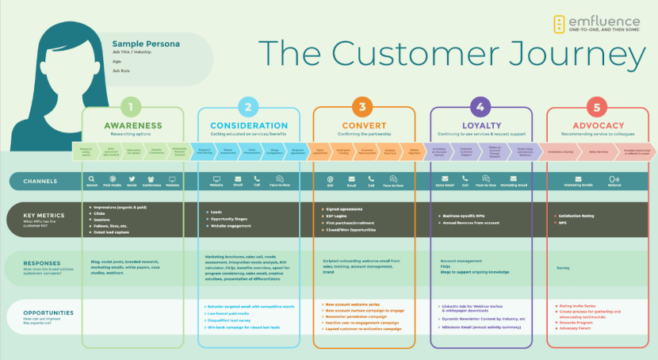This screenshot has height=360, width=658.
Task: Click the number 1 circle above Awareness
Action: [x=132, y=107]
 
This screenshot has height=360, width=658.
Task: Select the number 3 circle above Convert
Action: [x=364, y=107]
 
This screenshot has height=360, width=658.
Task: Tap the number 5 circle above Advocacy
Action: [x=597, y=107]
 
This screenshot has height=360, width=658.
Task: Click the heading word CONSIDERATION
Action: [x=248, y=125]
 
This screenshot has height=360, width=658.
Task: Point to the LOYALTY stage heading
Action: [x=480, y=125]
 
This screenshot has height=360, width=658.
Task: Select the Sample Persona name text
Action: [x=146, y=44]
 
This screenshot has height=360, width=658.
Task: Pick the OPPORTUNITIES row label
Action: [x=38, y=312]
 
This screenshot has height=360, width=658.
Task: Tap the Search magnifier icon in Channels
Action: [x=92, y=179]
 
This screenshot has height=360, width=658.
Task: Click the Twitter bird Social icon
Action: [x=132, y=179]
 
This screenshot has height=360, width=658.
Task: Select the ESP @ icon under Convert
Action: [x=330, y=179]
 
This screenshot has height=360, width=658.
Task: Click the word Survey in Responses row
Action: [x=563, y=268]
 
